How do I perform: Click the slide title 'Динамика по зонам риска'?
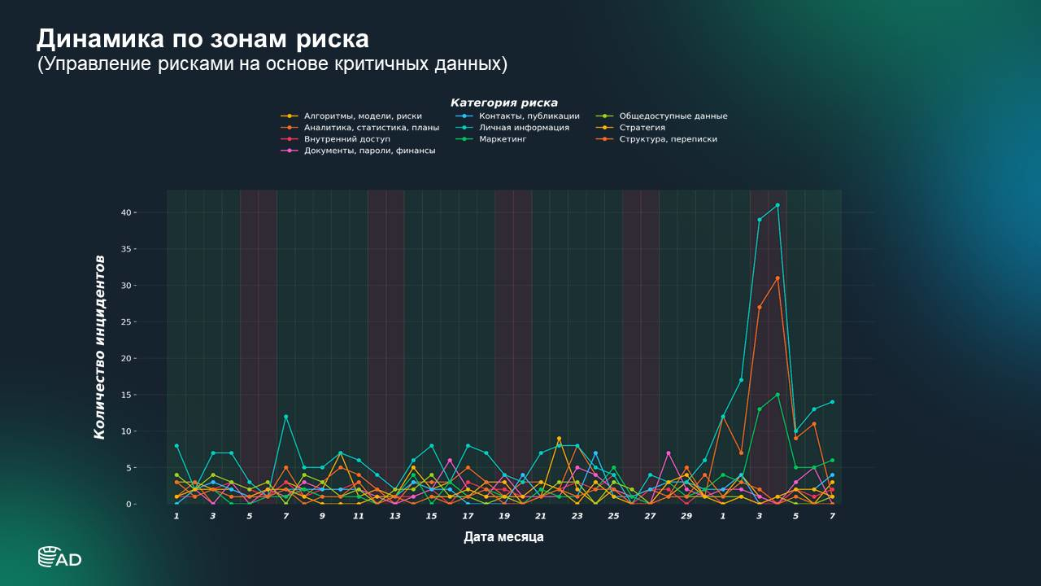coord(203,39)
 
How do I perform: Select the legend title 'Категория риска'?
coord(503,103)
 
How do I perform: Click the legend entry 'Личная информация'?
coord(524,128)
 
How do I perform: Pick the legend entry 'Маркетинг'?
coord(503,139)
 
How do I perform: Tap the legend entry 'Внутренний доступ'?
coord(346,139)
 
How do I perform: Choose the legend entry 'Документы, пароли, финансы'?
coord(369,151)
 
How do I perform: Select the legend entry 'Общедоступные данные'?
coord(673,116)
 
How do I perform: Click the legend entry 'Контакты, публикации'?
coord(529,116)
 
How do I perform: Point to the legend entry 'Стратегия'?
coord(642,128)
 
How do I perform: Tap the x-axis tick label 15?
coord(431,516)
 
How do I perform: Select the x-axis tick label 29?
coord(686,516)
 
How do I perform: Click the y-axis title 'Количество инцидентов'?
coord(99,347)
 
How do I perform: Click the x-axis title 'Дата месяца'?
coord(503,537)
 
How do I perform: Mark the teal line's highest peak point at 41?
coord(777,205)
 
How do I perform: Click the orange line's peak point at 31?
coord(777,278)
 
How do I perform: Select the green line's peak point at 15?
coord(777,395)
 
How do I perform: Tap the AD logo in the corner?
coord(59,557)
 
